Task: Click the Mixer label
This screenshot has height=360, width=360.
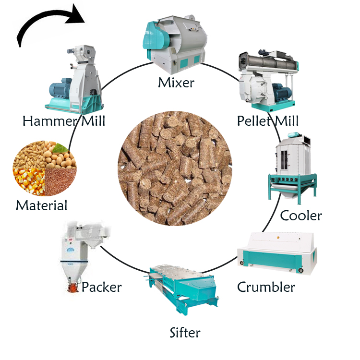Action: [x=176, y=83]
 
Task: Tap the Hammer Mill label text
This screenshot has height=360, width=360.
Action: [x=64, y=121]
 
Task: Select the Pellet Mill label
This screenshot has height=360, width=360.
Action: [x=268, y=121]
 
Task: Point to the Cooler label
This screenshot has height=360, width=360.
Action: [x=301, y=216]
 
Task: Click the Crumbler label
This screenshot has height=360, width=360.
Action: [x=266, y=287]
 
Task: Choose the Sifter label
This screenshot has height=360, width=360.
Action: [x=185, y=332]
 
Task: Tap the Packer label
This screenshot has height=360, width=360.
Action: [x=101, y=287]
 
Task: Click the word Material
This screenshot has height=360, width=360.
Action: [x=42, y=205]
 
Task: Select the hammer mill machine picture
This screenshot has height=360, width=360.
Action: [x=74, y=79]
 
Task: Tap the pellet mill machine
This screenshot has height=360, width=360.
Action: [x=268, y=80]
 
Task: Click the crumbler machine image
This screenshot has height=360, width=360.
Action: [x=277, y=252]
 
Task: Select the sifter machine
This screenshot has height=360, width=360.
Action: [x=181, y=290]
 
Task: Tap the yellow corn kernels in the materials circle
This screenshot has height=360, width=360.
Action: [x=29, y=182]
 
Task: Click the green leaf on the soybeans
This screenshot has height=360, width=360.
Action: [x=60, y=148]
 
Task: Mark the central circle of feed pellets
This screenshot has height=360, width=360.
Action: [x=175, y=168]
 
